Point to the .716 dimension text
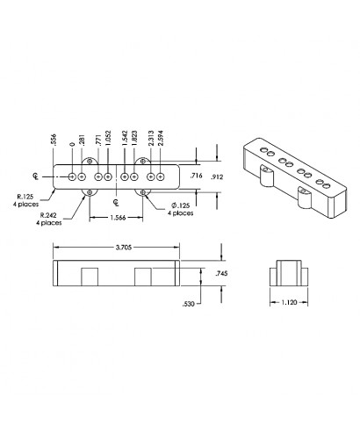pyautogui.click(x=197, y=176)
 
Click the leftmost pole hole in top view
pyautogui.click(x=71, y=176)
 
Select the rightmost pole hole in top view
pyautogui.click(x=162, y=176)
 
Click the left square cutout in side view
pyautogui.click(x=90, y=277)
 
